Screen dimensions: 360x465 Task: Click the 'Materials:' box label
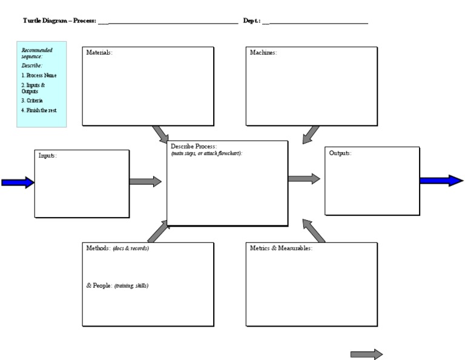(x=99, y=53)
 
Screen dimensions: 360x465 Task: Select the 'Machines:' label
(x=263, y=53)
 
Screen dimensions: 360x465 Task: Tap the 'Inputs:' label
(x=48, y=156)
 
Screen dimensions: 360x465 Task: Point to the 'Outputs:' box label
(x=340, y=153)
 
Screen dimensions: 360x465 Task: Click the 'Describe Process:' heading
(x=194, y=147)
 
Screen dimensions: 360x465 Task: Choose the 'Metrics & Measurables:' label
(x=281, y=248)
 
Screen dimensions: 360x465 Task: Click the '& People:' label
(x=99, y=285)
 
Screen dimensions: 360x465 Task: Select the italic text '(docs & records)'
(x=131, y=248)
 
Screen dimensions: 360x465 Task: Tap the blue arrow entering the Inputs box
(x=18, y=182)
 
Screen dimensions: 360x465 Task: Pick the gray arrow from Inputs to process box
(x=145, y=181)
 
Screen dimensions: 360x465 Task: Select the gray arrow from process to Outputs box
(x=304, y=179)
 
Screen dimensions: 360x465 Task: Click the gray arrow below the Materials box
(x=160, y=134)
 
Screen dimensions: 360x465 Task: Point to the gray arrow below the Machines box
(x=311, y=135)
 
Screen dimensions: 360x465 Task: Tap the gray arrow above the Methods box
(x=159, y=231)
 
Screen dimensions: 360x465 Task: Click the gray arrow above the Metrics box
(x=313, y=231)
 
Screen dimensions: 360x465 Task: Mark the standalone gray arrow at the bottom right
(x=366, y=354)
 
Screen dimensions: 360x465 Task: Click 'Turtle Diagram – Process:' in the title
(x=59, y=21)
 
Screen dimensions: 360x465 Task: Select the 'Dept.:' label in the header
(x=252, y=21)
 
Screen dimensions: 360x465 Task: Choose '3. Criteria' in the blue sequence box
(x=32, y=101)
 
